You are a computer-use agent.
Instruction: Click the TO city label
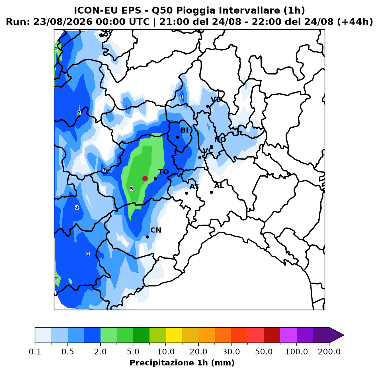(x=163, y=172)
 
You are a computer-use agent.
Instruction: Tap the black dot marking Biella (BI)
(x=177, y=137)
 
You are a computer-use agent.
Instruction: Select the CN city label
(x=156, y=230)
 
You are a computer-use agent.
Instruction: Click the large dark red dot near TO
(x=145, y=179)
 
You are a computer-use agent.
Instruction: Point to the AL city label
(x=219, y=186)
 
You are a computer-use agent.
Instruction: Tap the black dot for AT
(x=187, y=193)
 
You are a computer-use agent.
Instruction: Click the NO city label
(x=220, y=140)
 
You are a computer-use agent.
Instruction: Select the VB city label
(x=216, y=100)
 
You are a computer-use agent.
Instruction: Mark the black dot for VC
(x=200, y=158)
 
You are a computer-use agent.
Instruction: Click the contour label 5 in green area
(x=131, y=189)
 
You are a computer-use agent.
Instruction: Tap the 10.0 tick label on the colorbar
(x=166, y=352)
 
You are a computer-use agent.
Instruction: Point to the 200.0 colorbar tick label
(x=329, y=352)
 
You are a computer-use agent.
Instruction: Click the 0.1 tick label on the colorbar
(x=35, y=352)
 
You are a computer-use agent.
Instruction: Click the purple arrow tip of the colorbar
(x=344, y=335)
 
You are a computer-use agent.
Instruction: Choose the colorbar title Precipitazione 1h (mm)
(x=182, y=363)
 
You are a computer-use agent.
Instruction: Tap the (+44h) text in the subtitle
(x=355, y=22)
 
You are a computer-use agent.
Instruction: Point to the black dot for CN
(x=147, y=237)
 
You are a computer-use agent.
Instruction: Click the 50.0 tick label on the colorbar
(x=264, y=352)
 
